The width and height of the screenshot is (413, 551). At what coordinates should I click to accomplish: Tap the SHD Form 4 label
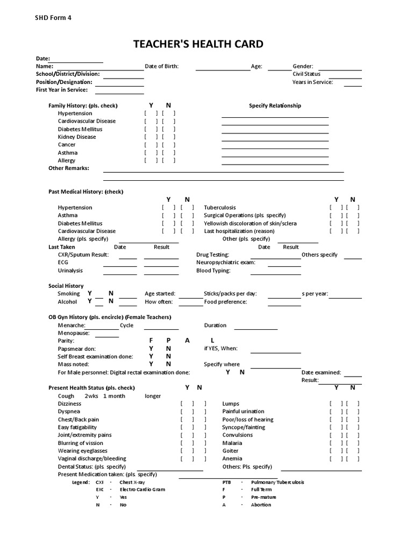click(x=53, y=18)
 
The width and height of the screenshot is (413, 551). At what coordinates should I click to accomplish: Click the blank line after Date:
click(x=77, y=59)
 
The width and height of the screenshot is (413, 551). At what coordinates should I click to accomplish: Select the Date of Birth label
click(x=161, y=66)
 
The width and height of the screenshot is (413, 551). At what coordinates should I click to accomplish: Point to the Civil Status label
click(x=307, y=74)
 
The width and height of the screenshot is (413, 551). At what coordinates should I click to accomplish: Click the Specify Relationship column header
click(x=275, y=105)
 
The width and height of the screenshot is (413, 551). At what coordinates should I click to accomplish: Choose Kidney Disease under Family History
click(x=77, y=137)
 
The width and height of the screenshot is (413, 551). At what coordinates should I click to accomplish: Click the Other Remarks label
click(x=69, y=168)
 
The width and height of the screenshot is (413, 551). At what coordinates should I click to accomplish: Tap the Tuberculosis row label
click(x=219, y=207)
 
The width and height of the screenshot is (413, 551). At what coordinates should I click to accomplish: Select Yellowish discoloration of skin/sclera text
click(x=250, y=223)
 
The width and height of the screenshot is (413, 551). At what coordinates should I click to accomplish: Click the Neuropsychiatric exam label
click(x=226, y=262)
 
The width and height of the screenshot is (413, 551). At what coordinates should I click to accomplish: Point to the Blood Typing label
click(x=213, y=270)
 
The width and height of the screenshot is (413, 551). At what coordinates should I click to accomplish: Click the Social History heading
click(x=66, y=286)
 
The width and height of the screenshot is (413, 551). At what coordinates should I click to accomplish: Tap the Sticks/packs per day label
click(x=230, y=294)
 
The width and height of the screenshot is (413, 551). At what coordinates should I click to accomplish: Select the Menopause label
click(x=74, y=333)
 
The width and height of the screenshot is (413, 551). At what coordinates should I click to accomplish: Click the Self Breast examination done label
click(x=95, y=356)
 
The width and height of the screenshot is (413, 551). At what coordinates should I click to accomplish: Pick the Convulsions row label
click(x=237, y=435)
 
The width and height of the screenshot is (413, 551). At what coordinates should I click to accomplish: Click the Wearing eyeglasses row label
click(x=82, y=450)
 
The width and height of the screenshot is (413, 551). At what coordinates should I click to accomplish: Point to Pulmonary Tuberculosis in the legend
click(x=277, y=482)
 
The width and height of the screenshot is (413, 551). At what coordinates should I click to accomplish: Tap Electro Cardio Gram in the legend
click(x=143, y=490)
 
